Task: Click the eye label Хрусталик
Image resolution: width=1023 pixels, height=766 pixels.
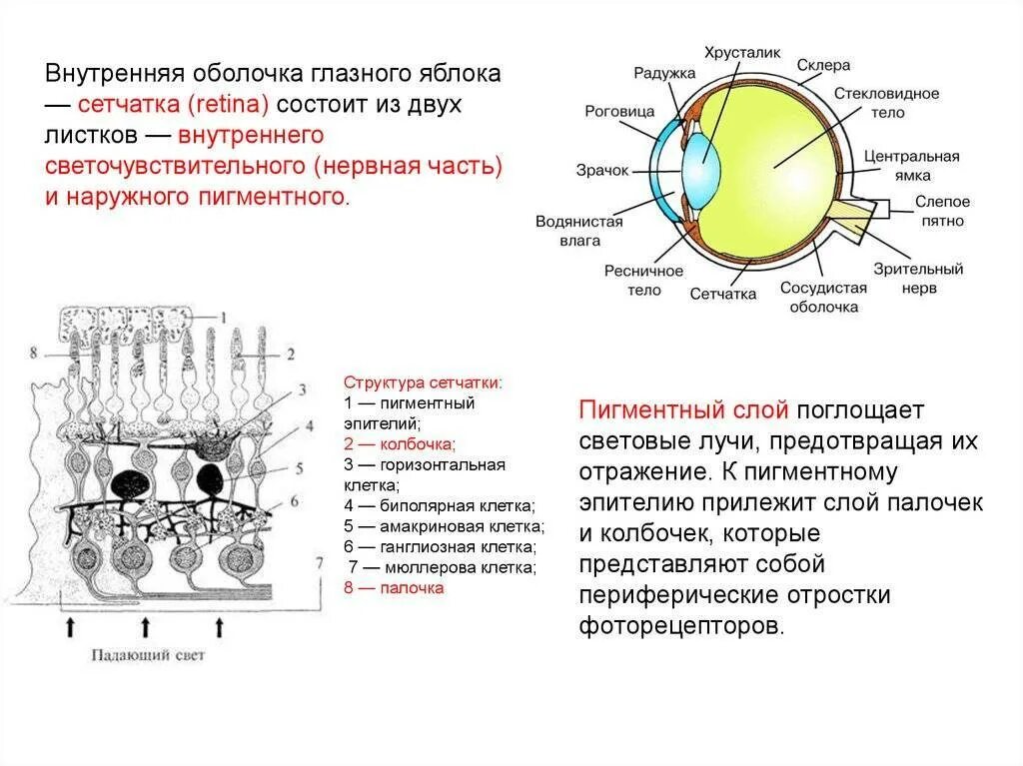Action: tap(742, 51)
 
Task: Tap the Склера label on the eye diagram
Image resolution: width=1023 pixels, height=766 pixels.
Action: tap(823, 65)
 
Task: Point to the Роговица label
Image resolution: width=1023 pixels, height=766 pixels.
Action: tap(618, 111)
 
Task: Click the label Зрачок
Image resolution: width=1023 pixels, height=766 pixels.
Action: tap(601, 170)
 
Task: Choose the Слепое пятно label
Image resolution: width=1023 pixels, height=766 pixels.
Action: tap(942, 211)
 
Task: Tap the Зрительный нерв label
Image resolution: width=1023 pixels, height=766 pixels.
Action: tap(918, 278)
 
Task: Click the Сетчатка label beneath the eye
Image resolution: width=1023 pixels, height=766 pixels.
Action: tap(723, 295)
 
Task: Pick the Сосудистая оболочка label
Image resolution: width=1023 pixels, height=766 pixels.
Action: tap(824, 297)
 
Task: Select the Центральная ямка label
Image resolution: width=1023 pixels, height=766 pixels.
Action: tap(911, 165)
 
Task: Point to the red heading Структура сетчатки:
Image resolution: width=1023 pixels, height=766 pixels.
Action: tap(423, 383)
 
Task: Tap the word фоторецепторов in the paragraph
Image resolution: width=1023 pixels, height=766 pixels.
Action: tap(680, 626)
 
